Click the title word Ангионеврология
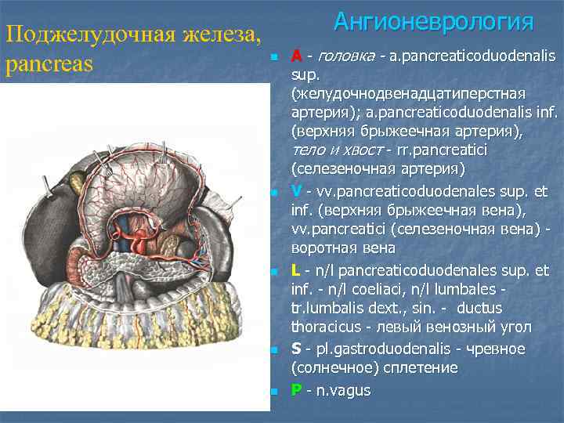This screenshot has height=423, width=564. (433, 21)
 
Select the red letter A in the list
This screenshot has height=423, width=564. (296, 56)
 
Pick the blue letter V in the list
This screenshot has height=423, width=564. (296, 192)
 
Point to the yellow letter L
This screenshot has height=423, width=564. (295, 271)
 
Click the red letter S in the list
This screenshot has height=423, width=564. (295, 349)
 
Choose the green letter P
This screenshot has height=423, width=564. (295, 390)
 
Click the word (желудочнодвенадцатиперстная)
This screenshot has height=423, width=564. (396, 93)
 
